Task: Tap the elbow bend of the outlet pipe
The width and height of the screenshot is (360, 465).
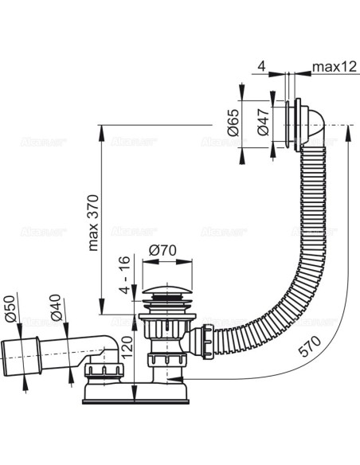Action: (112, 344)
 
